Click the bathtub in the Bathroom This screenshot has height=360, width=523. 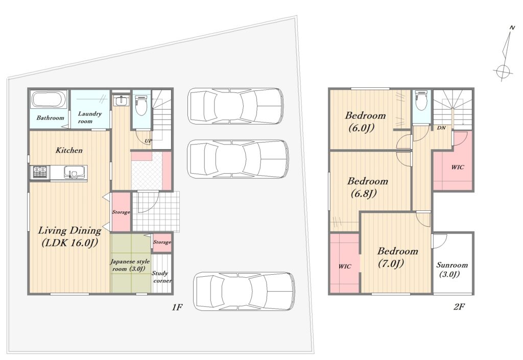click(x=50, y=100)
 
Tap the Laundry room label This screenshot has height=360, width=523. click(x=89, y=117)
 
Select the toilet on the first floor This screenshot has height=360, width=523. click(x=141, y=105)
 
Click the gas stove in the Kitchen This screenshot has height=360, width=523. click(x=39, y=172)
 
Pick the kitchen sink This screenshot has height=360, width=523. click(x=73, y=172)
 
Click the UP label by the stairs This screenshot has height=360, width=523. click(x=148, y=140)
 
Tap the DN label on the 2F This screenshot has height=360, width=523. click(x=441, y=128)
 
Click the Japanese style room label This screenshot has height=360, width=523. click(x=130, y=265)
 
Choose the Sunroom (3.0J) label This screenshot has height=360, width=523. click(x=452, y=269)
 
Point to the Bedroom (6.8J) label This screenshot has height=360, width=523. click(x=367, y=187)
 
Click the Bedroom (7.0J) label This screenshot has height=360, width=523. click(x=397, y=257)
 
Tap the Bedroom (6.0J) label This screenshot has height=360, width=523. click(x=365, y=122)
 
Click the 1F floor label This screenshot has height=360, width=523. click(x=177, y=307)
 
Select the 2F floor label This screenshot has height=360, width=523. click(x=459, y=306)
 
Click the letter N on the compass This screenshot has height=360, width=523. click(x=511, y=28)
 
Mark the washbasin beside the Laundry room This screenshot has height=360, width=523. click(x=120, y=100)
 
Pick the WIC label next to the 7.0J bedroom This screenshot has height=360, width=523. click(x=345, y=267)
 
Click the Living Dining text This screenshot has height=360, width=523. click(x=69, y=230)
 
